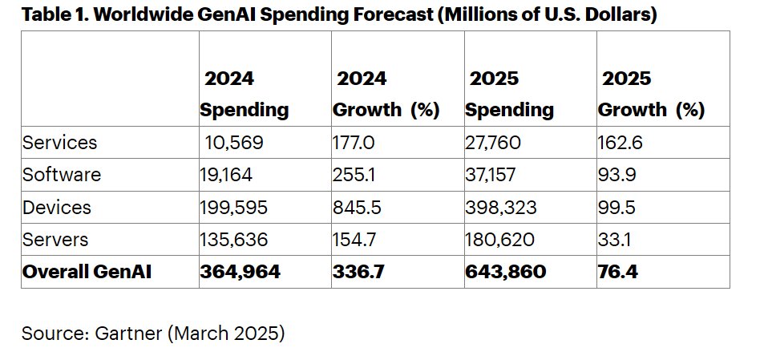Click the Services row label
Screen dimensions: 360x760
(59, 143)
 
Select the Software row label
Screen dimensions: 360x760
(62, 175)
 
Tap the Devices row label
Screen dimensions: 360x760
(57, 208)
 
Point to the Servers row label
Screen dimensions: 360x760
(55, 240)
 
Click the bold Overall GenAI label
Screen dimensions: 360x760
(87, 272)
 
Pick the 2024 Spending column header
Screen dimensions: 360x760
(244, 94)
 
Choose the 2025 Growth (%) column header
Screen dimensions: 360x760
(651, 94)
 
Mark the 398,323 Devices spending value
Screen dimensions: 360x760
(499, 208)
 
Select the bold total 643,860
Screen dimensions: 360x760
(505, 272)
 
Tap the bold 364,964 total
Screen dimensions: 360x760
(241, 272)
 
